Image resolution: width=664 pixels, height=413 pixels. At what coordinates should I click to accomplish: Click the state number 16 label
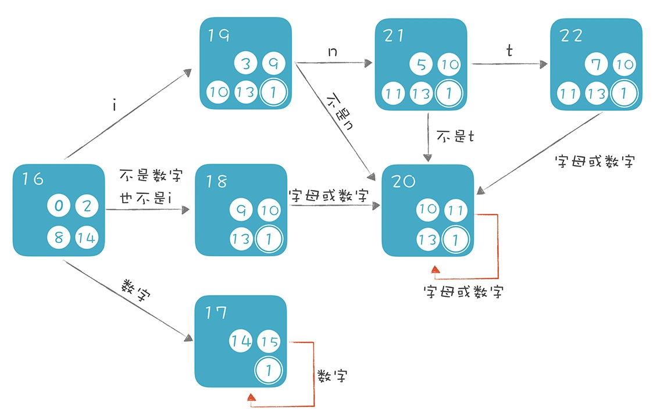33,179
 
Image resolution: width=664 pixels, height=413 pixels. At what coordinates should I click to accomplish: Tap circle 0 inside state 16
59,206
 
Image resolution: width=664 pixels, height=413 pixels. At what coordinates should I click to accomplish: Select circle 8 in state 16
59,237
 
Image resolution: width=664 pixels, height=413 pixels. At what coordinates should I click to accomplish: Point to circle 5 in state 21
422,64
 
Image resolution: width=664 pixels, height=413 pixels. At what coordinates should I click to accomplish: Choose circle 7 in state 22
597,64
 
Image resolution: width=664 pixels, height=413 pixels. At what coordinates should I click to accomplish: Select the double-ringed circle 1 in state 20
456,238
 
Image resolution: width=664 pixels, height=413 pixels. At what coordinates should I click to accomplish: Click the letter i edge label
116,106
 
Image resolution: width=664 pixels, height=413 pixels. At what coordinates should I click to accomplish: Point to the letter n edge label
333,52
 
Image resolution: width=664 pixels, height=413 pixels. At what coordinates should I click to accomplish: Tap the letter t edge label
509,51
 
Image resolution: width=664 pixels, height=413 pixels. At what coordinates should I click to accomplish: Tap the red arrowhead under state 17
251,397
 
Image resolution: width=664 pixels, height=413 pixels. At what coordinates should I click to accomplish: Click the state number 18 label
216,181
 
